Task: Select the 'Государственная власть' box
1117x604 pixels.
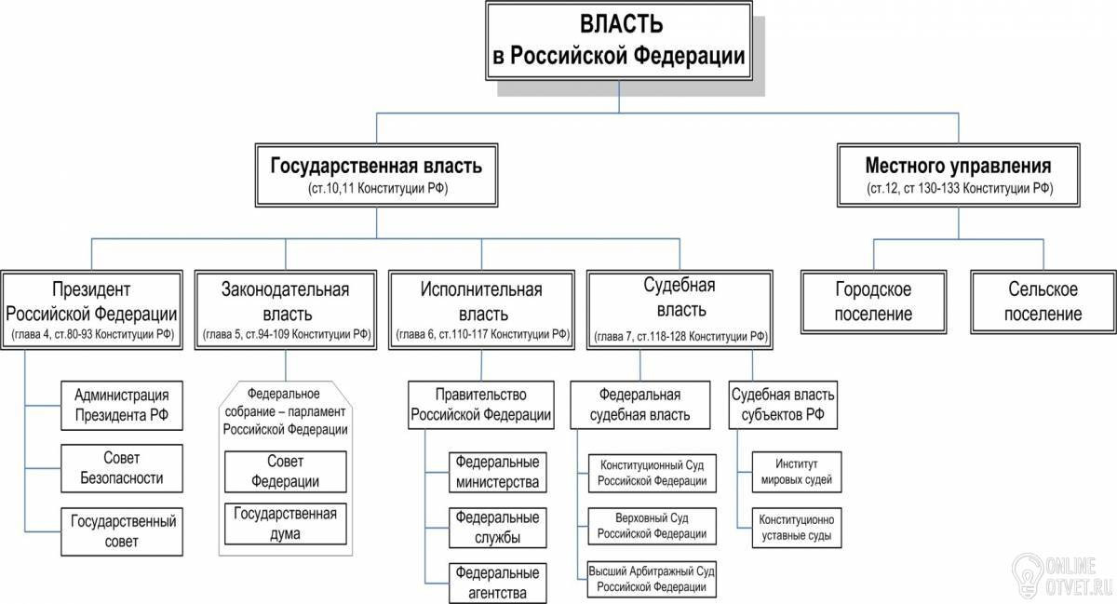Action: (x=376, y=176)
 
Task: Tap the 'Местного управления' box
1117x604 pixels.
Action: (x=959, y=176)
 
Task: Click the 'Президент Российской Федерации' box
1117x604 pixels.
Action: (x=91, y=309)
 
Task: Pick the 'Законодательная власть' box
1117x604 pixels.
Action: (x=286, y=309)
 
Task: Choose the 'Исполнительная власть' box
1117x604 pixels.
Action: (x=482, y=309)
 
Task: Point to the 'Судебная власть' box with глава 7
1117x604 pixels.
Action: (x=680, y=308)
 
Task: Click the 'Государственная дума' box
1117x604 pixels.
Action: (x=286, y=523)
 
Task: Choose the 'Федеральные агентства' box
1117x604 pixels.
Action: (x=496, y=582)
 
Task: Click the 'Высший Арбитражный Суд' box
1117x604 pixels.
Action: (x=653, y=579)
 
